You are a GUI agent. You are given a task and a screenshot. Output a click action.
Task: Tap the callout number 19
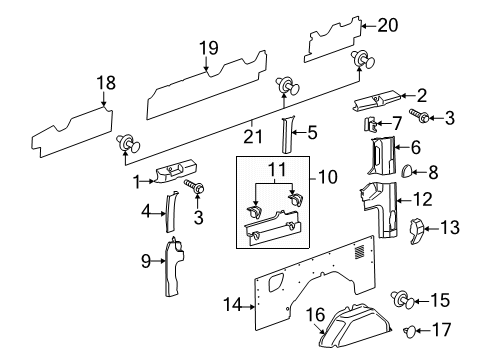pyautogui.click(x=207, y=47)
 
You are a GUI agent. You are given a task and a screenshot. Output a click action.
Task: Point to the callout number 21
pyautogui.click(x=251, y=128)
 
